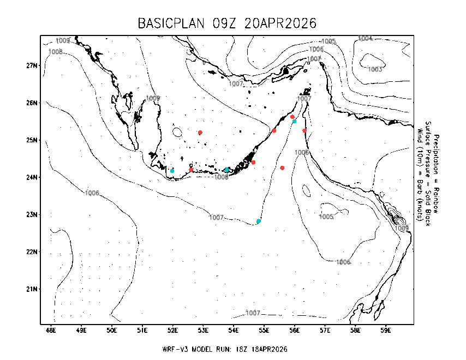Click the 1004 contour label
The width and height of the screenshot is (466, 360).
(x=365, y=39)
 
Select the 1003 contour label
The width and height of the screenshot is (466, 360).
(x=375, y=69)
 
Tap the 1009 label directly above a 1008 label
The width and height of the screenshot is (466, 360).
(x=63, y=40)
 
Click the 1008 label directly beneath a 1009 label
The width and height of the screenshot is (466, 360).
(x=56, y=52)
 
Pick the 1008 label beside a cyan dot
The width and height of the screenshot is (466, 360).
(x=221, y=177)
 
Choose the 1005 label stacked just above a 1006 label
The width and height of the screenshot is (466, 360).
(x=328, y=41)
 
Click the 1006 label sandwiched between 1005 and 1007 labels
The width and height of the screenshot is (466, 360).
(x=316, y=49)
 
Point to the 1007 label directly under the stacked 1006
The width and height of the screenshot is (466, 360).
(x=314, y=59)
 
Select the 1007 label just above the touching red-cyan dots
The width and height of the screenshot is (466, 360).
(x=304, y=99)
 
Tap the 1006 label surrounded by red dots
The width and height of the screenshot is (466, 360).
(x=302, y=152)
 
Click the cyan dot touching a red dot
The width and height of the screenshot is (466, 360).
(x=295, y=121)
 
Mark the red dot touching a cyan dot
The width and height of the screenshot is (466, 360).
(x=292, y=117)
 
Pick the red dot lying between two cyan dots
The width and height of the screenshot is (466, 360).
(x=191, y=170)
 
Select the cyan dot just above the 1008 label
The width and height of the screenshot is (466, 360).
(x=227, y=170)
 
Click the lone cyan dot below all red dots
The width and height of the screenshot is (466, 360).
(x=259, y=221)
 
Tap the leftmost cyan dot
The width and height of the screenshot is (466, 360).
(x=172, y=171)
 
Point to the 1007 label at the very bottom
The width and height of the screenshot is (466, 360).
(x=253, y=313)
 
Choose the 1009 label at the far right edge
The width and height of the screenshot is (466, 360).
(x=402, y=228)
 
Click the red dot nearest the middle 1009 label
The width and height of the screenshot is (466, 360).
(x=200, y=133)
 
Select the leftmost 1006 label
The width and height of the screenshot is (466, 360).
(x=92, y=193)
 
